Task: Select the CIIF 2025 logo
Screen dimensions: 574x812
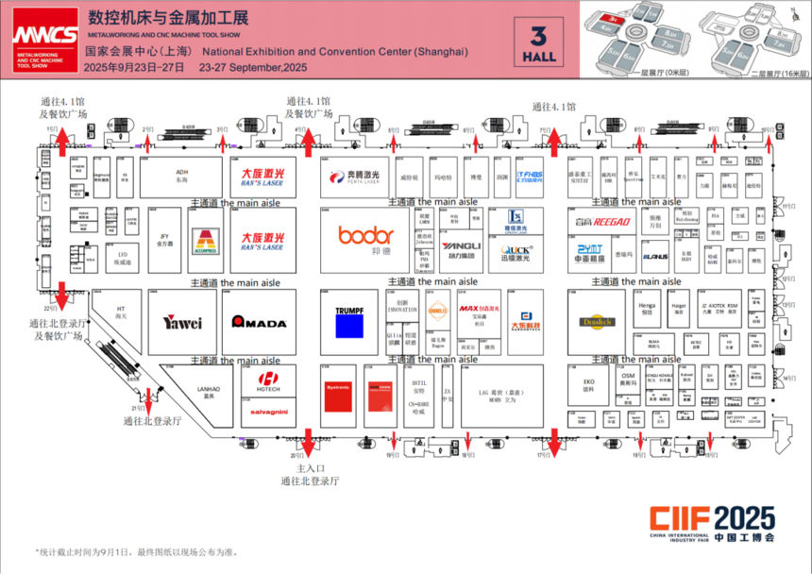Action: [x=712, y=523]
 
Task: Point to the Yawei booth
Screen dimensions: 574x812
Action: [x=181, y=323]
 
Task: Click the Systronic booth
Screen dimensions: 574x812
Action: [x=337, y=387]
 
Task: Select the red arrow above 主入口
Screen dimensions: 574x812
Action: [x=309, y=444]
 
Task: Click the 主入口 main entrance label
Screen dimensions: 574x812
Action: [x=309, y=468]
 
